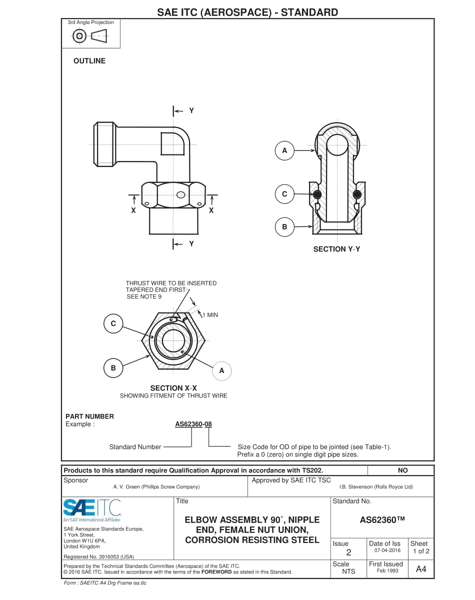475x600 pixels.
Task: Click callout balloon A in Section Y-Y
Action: tap(284, 150)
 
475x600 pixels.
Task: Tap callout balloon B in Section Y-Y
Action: tap(284, 227)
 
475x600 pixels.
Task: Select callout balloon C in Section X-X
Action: tap(113, 323)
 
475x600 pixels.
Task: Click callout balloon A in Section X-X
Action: tap(222, 370)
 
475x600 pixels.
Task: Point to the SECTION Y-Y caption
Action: tap(336, 249)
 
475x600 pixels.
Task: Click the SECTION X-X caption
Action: tap(173, 388)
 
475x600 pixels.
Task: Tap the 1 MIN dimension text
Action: tap(209, 315)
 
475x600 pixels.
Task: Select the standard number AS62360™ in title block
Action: tap(381, 520)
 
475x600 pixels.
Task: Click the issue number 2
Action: tap(348, 552)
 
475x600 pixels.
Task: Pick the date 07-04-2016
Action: tap(384, 550)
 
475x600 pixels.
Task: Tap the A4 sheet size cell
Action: tap(421, 569)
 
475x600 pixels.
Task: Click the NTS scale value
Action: tap(348, 571)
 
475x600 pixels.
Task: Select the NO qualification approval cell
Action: tap(402, 470)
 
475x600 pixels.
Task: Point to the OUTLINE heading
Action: tap(89, 61)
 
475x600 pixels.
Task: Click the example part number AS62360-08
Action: tap(193, 424)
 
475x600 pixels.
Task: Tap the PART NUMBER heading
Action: tap(89, 416)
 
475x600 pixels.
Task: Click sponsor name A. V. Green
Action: tap(156, 486)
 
